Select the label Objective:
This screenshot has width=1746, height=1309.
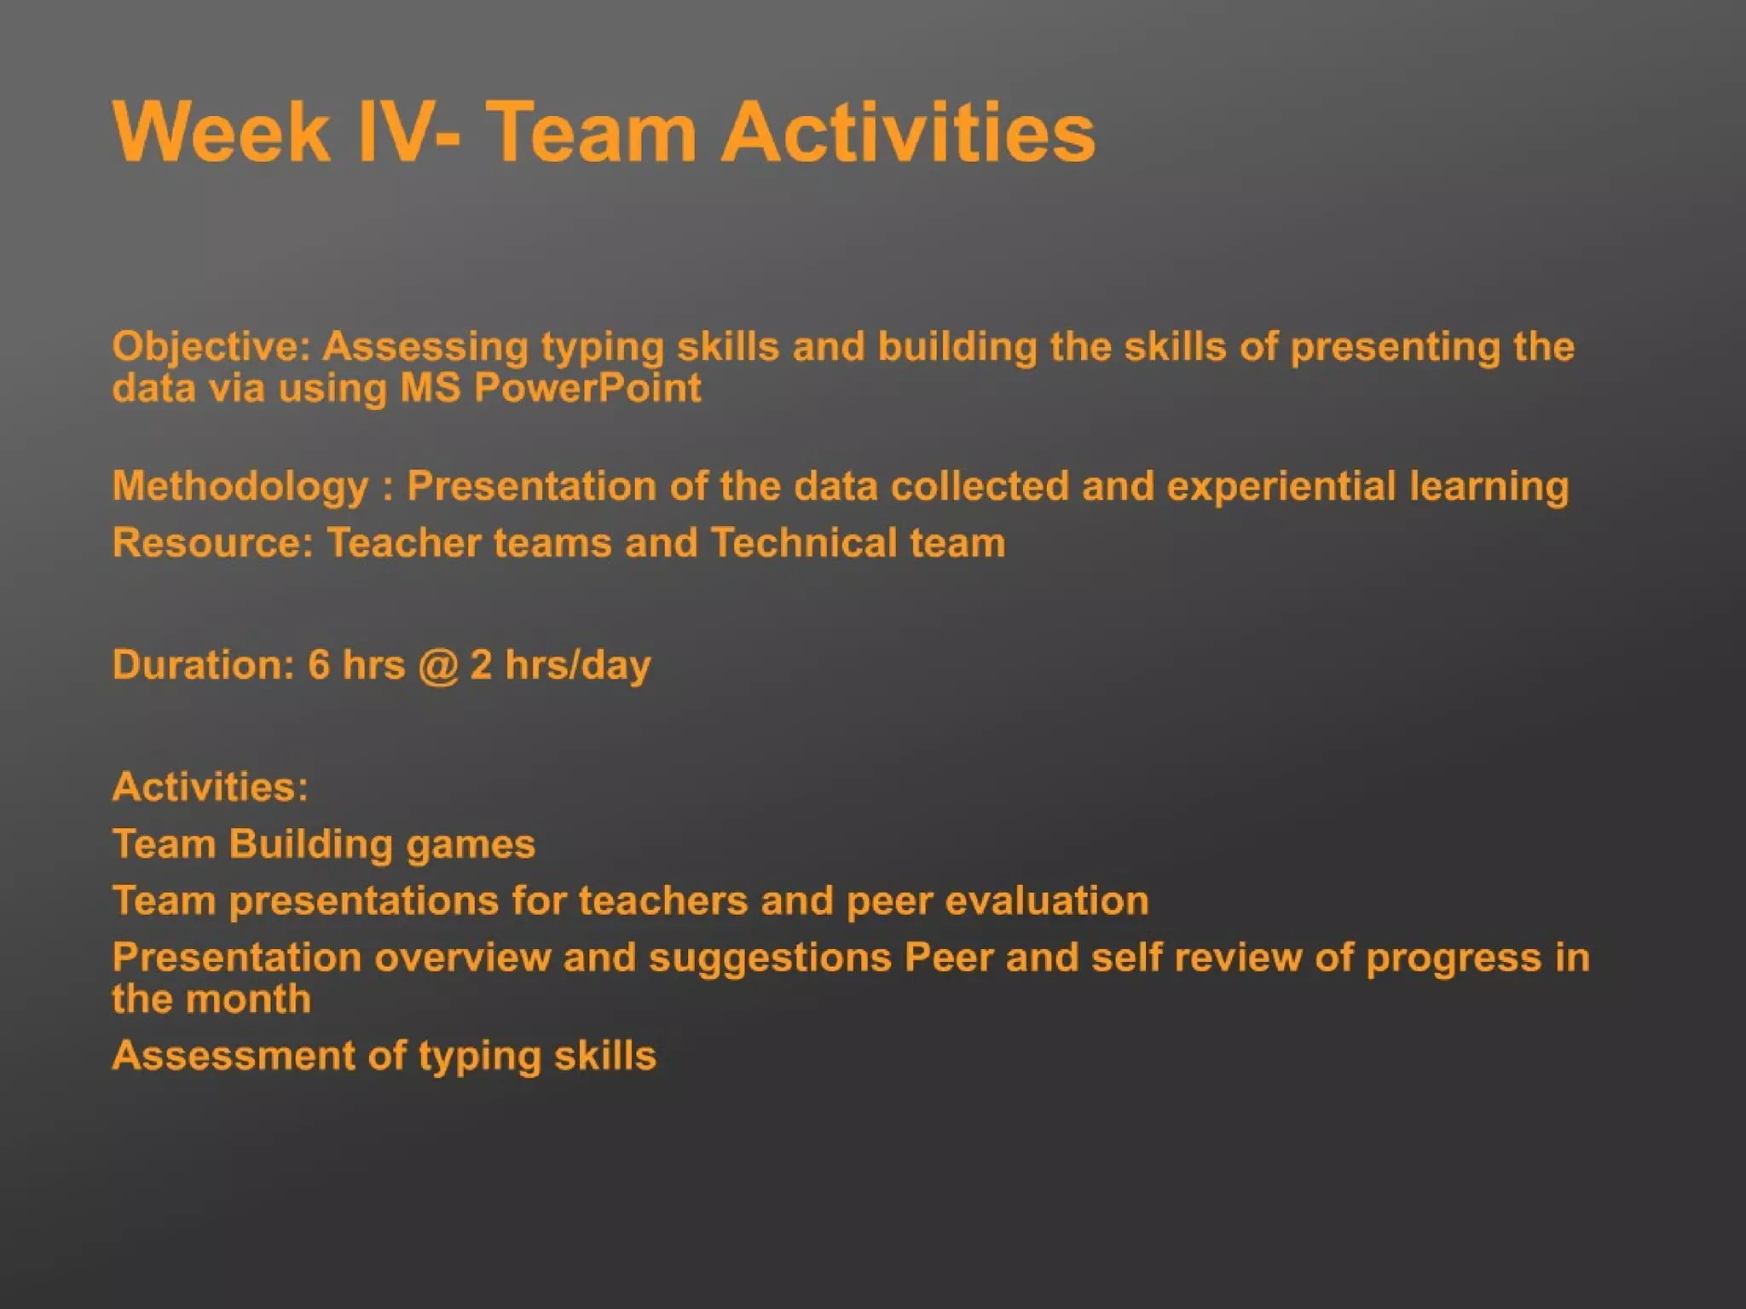coord(212,347)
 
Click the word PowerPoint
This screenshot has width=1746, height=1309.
coord(587,388)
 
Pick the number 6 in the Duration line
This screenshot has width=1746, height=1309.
coord(318,665)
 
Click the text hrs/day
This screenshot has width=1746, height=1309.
coord(577,665)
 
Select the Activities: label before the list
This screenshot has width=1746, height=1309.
coord(210,787)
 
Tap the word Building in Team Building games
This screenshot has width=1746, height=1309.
coord(310,844)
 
